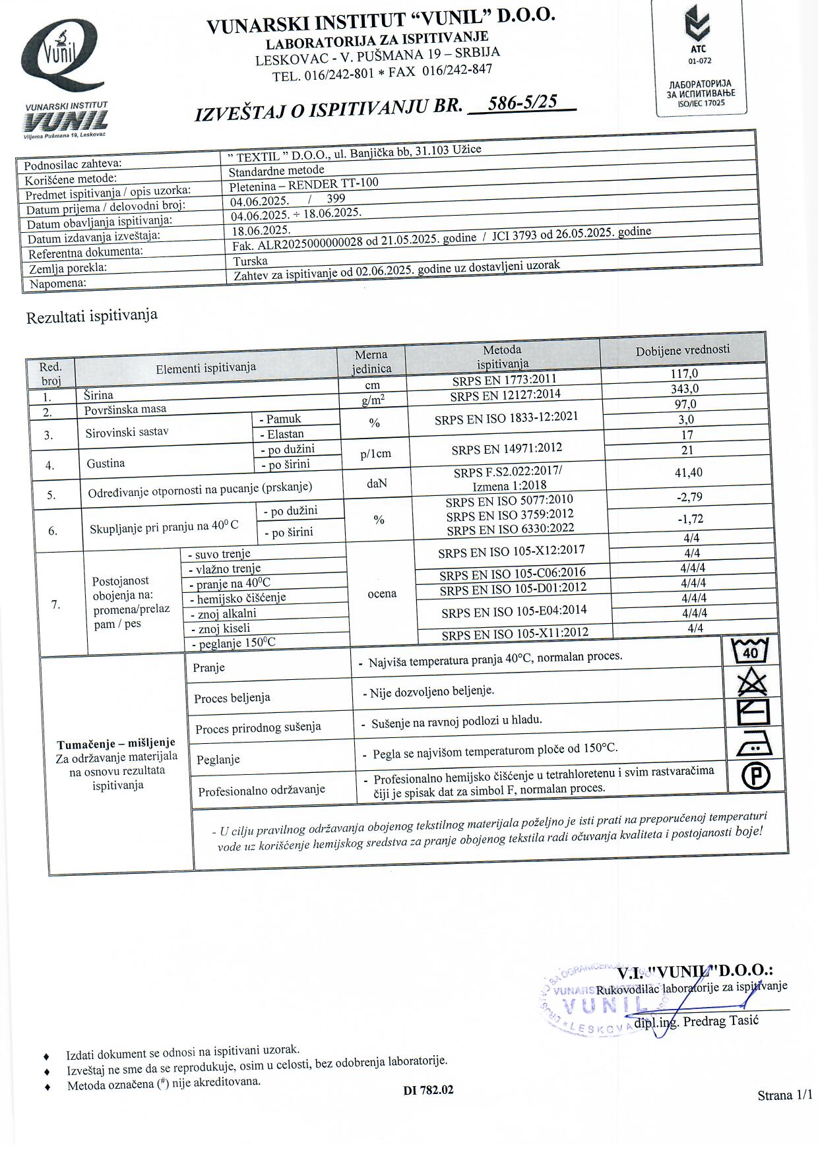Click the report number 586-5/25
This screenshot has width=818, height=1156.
pyautogui.click(x=521, y=102)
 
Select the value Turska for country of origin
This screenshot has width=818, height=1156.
pyautogui.click(x=250, y=261)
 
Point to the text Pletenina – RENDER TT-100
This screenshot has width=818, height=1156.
pyautogui.click(x=303, y=184)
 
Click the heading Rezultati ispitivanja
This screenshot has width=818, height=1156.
pyautogui.click(x=92, y=316)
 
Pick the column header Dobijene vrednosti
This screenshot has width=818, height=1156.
pyautogui.click(x=683, y=350)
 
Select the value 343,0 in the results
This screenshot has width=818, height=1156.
pyautogui.click(x=684, y=388)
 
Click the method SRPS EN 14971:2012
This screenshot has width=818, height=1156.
pyautogui.click(x=507, y=449)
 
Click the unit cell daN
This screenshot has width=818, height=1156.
pyautogui.click(x=377, y=483)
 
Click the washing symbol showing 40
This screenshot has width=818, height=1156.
pyautogui.click(x=751, y=652)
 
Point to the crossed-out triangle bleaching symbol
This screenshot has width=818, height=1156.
pyautogui.click(x=752, y=683)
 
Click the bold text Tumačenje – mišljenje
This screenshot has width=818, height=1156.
pyautogui.click(x=116, y=743)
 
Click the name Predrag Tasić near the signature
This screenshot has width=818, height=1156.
pyautogui.click(x=720, y=1021)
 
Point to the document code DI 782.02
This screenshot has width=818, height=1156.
pyautogui.click(x=428, y=1090)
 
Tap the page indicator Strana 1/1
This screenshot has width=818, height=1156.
pyautogui.click(x=784, y=1095)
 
